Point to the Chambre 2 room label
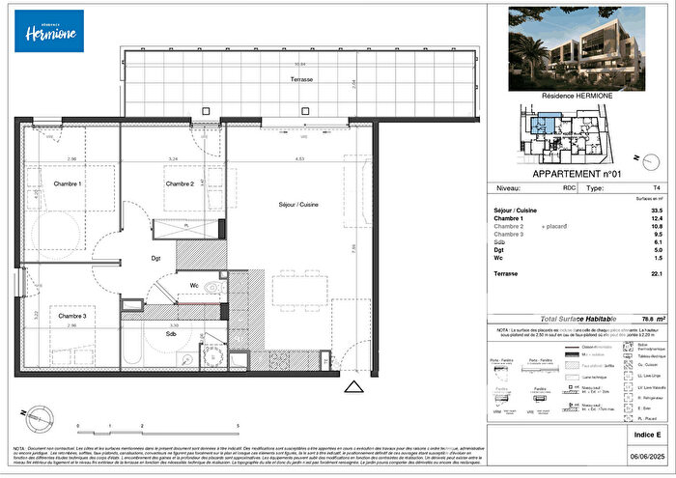point(181,183)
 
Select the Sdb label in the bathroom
point(170,335)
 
